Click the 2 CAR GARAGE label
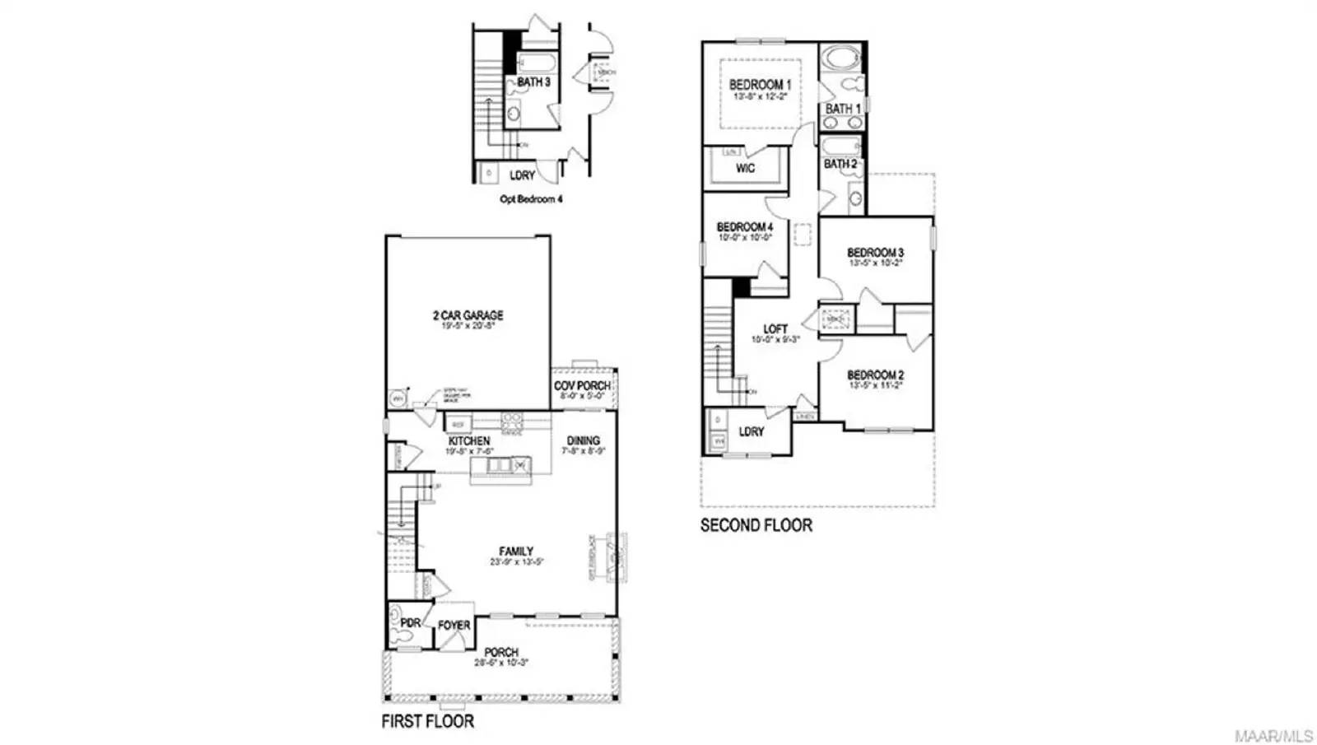[x=468, y=315]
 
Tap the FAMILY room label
[x=516, y=552]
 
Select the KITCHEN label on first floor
[x=469, y=441]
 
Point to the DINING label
[x=583, y=440]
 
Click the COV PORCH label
[x=582, y=385]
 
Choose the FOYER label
[x=454, y=626]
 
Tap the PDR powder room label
[x=410, y=623]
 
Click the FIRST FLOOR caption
[x=427, y=722]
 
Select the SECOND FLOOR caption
[x=756, y=525]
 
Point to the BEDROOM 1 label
[x=760, y=85]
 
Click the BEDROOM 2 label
[x=876, y=375]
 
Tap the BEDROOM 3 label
[x=876, y=253]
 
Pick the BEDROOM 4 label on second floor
[x=744, y=227]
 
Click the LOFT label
[x=775, y=329]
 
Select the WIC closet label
[x=745, y=169]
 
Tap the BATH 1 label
[x=843, y=109]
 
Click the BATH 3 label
[x=533, y=82]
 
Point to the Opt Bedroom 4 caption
[x=531, y=199]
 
